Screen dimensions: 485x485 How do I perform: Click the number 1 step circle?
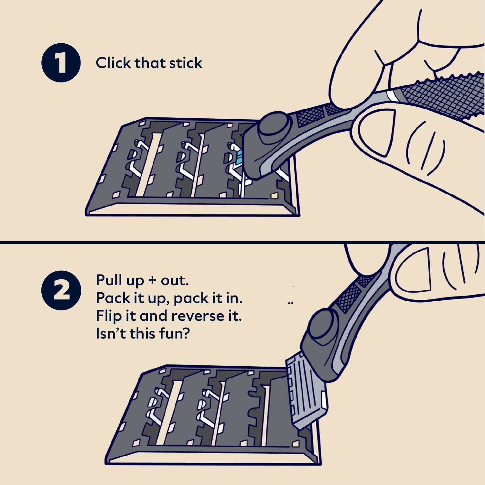tap(61, 63)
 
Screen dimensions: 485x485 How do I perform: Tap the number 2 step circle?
tap(61, 290)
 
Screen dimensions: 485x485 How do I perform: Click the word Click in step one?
tap(113, 63)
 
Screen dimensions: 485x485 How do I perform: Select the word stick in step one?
tap(186, 63)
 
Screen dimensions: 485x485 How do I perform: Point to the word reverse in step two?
tap(198, 316)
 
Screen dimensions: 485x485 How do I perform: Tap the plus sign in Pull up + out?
tap(152, 281)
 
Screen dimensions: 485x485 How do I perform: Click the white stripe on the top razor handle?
tap(392, 96)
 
